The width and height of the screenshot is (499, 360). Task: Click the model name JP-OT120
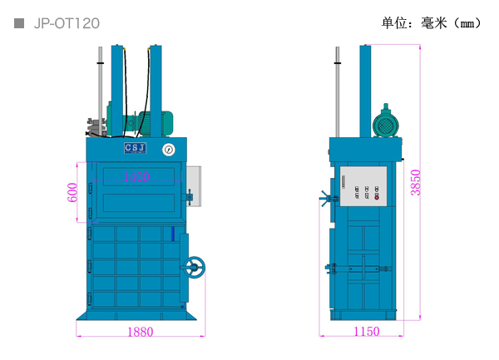click(67, 23)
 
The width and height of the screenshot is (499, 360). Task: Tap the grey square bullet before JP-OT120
click(19, 23)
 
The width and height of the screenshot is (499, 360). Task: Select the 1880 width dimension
click(140, 332)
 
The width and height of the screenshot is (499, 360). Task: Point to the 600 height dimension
click(73, 192)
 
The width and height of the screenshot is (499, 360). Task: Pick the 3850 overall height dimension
click(416, 182)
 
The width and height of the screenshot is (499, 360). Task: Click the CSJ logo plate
click(135, 148)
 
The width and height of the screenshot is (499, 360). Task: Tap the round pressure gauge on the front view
click(169, 150)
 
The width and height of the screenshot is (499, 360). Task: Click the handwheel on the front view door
click(195, 267)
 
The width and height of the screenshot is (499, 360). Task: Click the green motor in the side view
click(385, 124)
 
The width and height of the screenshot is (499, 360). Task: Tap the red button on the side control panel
click(376, 197)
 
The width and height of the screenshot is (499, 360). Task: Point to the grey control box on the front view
click(194, 184)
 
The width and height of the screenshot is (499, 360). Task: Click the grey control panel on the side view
click(363, 185)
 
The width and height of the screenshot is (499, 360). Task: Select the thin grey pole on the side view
click(337, 91)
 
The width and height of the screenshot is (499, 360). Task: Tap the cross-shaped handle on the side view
click(326, 198)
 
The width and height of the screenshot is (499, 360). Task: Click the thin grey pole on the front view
click(100, 83)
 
